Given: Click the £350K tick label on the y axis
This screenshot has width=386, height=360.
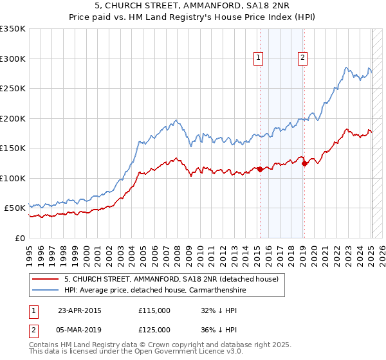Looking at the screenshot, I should (12, 29).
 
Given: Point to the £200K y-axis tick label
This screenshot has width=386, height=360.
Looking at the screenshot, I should (12, 118).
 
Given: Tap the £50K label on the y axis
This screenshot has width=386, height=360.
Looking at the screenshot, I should (14, 208).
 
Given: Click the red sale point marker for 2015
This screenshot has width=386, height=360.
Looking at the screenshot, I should (260, 169).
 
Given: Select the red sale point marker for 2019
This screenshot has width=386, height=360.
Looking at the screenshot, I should (304, 163).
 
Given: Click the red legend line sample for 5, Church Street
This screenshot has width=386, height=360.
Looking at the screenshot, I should (44, 279).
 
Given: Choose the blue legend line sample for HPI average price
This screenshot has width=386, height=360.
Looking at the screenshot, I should (44, 290).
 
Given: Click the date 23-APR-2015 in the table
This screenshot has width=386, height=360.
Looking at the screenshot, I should (80, 310).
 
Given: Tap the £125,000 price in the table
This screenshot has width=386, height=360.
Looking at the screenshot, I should (154, 330).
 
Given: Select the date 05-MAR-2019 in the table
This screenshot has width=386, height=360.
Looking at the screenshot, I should (80, 330).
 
